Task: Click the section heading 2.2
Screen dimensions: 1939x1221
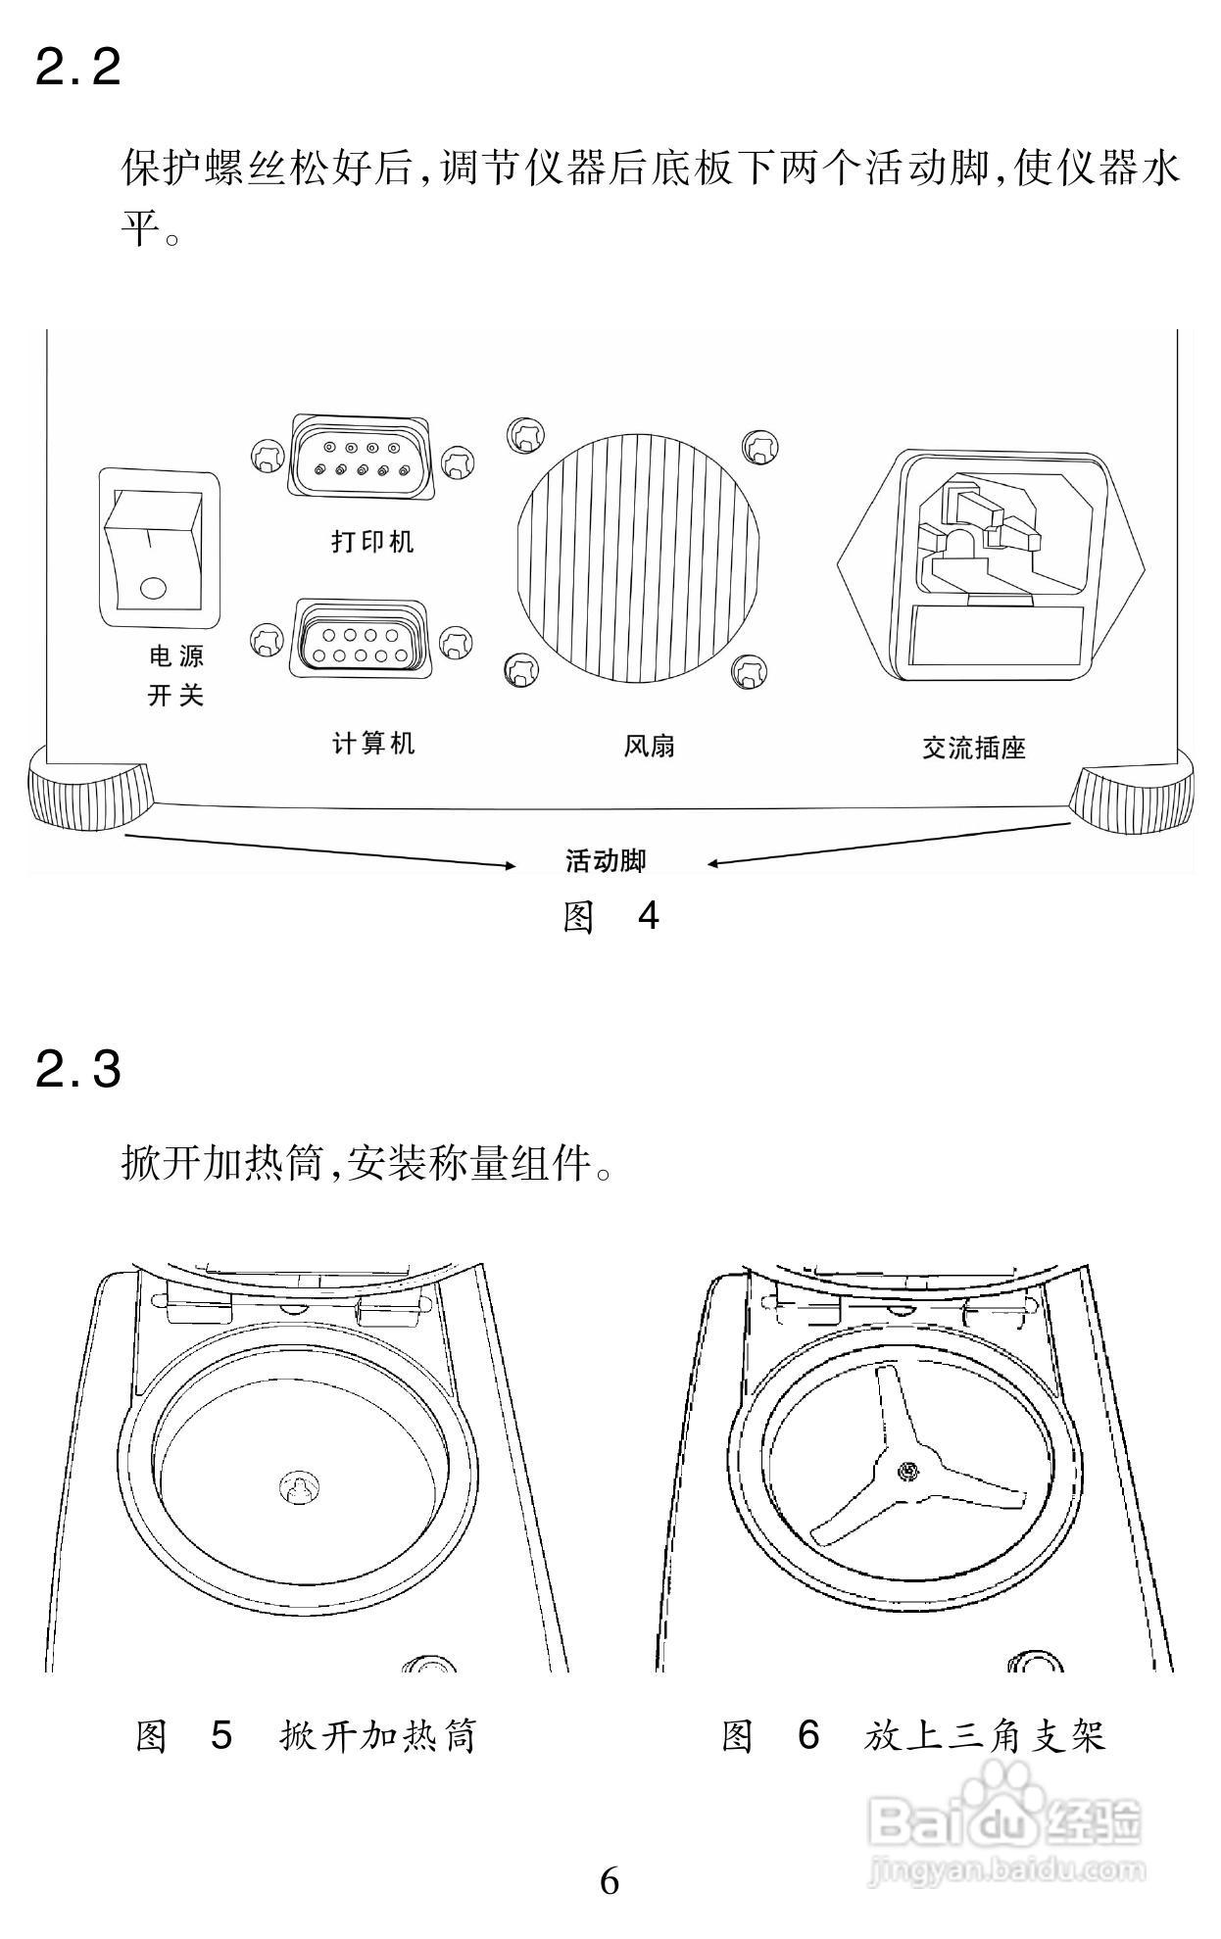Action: coord(78,68)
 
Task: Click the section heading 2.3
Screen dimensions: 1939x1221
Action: coord(78,1069)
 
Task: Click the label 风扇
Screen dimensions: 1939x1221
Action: coord(649,747)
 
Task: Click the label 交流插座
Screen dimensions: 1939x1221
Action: coord(974,749)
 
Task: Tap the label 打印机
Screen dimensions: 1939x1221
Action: coord(372,540)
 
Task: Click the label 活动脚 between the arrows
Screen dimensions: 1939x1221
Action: coord(607,861)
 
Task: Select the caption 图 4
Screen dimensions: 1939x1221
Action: coord(610,917)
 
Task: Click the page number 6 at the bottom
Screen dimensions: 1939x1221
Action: coord(610,1881)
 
